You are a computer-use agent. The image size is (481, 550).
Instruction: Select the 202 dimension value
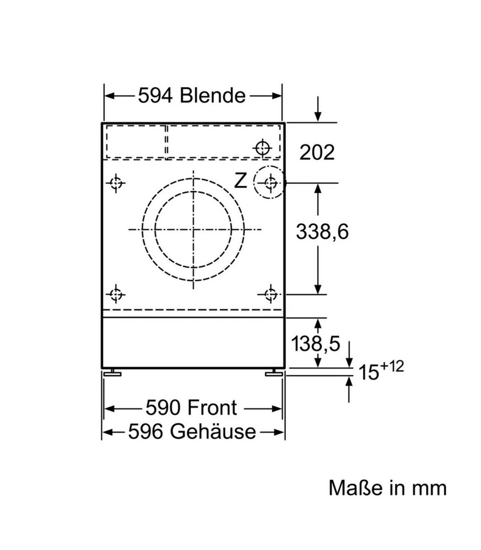(x=317, y=152)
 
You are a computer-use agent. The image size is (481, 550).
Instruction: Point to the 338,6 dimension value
(x=322, y=232)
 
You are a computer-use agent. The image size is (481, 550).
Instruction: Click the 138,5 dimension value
(x=316, y=344)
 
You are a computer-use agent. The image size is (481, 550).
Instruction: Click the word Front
(x=212, y=408)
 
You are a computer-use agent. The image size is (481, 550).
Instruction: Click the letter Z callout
(x=240, y=181)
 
